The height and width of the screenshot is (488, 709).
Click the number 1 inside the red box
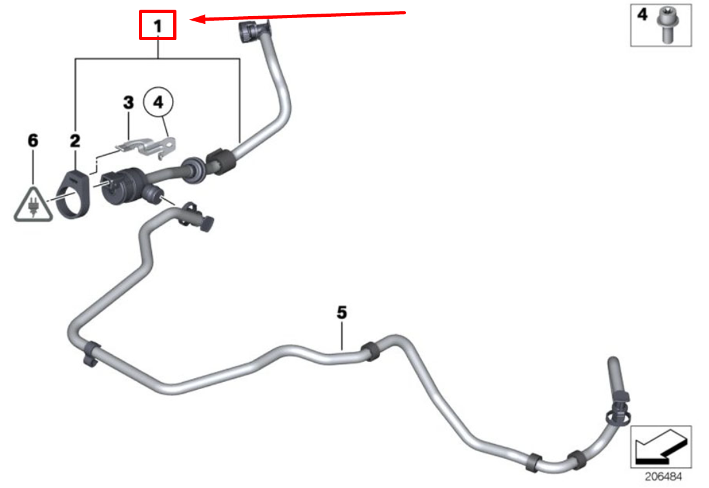click(x=157, y=26)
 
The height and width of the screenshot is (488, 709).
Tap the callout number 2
click(x=75, y=141)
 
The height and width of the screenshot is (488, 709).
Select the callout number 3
click(x=129, y=103)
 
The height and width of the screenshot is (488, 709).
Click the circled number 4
click(x=158, y=102)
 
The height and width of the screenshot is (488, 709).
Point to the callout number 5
click(x=342, y=313)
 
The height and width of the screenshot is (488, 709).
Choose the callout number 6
click(x=32, y=140)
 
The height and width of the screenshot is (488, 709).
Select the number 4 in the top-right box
click(x=642, y=14)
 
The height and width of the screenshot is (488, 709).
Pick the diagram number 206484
click(x=663, y=476)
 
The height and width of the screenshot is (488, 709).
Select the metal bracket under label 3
click(x=145, y=147)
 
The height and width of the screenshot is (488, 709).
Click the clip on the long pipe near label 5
click(x=370, y=351)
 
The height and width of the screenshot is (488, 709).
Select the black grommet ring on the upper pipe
click(x=193, y=170)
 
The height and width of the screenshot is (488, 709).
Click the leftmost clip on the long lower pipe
click(x=92, y=353)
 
